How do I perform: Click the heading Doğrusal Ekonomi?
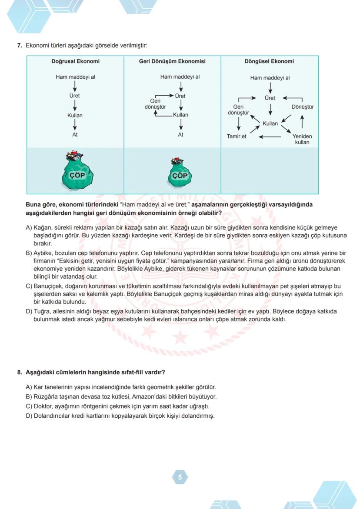[x=75, y=61]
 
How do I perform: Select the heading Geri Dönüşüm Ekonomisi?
[x=172, y=61]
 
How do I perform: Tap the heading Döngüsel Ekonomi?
[x=269, y=61]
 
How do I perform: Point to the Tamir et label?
[x=237, y=136]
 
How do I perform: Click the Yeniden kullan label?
[x=302, y=139]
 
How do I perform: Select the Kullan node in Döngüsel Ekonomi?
[x=270, y=123]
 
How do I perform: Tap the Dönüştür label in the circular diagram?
[x=302, y=107]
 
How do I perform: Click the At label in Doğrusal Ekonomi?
[x=75, y=135]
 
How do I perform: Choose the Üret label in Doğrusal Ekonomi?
[x=75, y=96]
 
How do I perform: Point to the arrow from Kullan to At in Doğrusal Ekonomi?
[x=75, y=125]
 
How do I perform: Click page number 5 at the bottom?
[x=180, y=477]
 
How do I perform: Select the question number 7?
[x=20, y=45]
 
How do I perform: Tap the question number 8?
[x=20, y=373]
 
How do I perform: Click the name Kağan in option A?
[x=42, y=228]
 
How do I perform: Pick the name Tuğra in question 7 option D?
[x=42, y=311]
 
